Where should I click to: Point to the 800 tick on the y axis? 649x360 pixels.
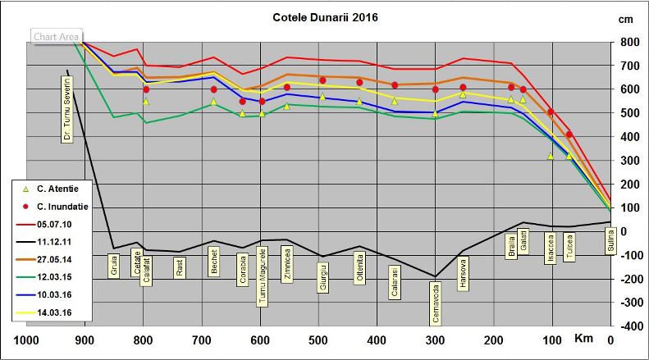click(x=629, y=42)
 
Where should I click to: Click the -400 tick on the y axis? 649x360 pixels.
click(x=628, y=326)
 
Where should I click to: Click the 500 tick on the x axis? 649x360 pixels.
click(x=318, y=340)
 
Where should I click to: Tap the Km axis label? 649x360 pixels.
click(x=583, y=339)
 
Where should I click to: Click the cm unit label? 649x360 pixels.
click(x=626, y=18)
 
